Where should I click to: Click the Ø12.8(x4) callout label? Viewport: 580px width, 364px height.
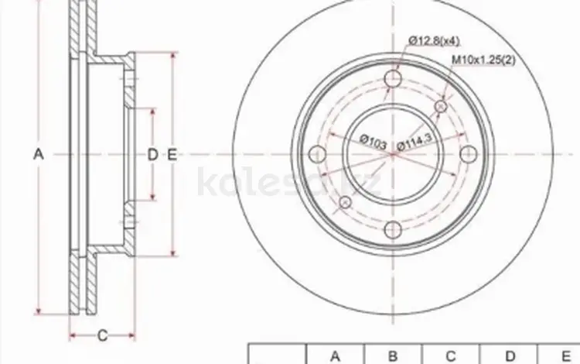click(x=435, y=40)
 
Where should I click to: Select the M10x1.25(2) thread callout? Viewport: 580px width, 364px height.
click(x=483, y=60)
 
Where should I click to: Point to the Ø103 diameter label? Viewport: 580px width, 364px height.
click(x=374, y=142)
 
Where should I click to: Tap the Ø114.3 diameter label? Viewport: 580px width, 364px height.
click(x=415, y=142)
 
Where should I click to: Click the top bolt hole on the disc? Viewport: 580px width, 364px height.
click(x=393, y=78)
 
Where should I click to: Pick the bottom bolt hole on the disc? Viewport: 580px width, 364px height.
click(x=393, y=229)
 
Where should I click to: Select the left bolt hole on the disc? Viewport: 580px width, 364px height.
click(x=317, y=154)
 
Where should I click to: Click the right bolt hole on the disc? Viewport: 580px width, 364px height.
click(x=469, y=154)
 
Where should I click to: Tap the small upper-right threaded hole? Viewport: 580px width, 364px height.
click(x=440, y=107)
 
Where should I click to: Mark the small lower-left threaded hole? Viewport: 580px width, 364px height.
click(x=345, y=202)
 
